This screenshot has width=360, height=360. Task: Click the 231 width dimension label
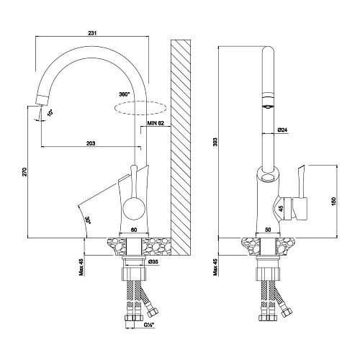coord(92,33)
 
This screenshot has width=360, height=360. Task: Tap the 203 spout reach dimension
coord(91,143)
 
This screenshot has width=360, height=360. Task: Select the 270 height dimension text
coord(25,172)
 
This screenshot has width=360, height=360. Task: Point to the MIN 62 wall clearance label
coord(156,123)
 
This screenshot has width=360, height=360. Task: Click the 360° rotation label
coord(125,94)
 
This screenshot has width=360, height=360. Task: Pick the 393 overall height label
coord(215,142)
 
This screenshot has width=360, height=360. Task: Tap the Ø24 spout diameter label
coord(282,130)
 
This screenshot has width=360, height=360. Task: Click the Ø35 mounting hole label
coord(153,262)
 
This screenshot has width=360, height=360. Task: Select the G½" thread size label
coord(149,325)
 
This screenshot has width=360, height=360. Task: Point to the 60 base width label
coord(134,230)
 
